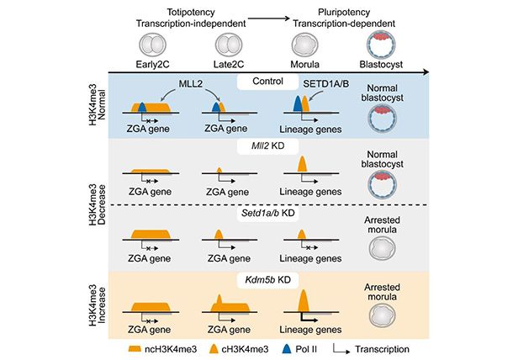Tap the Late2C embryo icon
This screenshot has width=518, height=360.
click(226, 45)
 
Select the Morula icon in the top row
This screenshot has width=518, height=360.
click(301, 45)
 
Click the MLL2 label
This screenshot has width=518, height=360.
click(191, 83)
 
